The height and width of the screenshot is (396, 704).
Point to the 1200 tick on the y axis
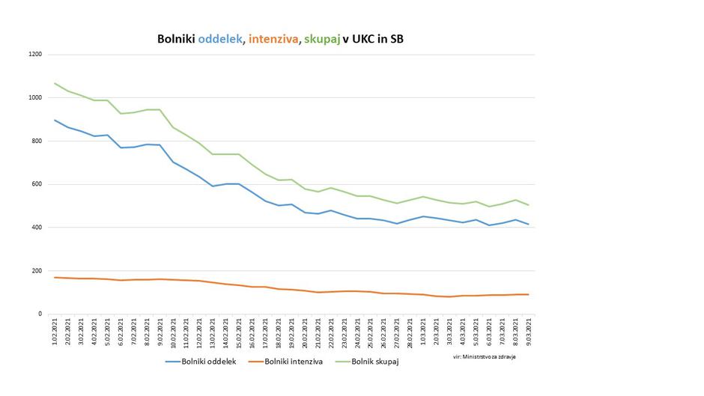click(x=35, y=55)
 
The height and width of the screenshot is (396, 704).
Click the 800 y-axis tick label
click(x=37, y=141)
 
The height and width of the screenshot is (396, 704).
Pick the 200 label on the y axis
click(x=37, y=271)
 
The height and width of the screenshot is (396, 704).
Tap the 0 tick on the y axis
click(x=40, y=314)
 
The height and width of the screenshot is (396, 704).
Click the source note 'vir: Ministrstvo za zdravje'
click(x=485, y=356)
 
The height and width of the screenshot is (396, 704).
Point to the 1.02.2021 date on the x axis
click(x=55, y=332)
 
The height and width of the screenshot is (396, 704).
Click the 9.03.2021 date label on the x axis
click(x=529, y=332)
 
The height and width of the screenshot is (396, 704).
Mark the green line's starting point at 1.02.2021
click(x=55, y=83)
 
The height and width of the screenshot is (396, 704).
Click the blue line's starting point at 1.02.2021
click(x=55, y=120)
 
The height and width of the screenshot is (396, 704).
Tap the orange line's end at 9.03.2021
click(x=529, y=294)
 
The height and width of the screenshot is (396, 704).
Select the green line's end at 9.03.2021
click(x=529, y=205)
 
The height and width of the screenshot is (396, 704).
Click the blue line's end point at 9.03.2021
click(x=529, y=225)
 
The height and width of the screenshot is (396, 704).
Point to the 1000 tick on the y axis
click(x=35, y=98)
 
